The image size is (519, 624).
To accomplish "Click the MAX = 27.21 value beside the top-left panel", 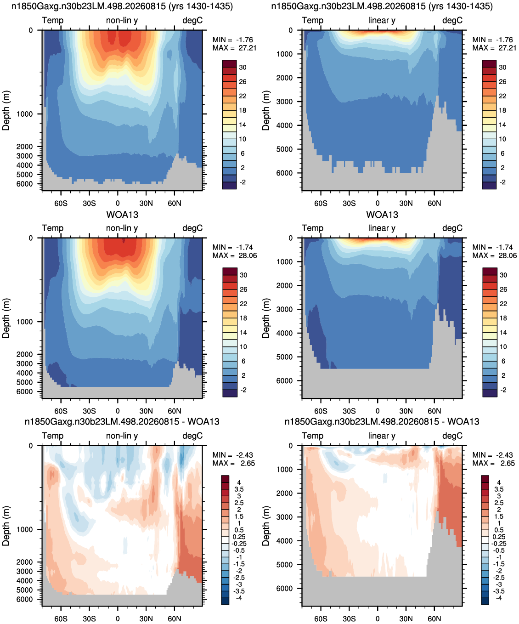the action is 234,48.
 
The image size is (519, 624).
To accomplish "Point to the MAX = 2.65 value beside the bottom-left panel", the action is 234,463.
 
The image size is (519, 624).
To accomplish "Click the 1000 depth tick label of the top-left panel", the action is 24,114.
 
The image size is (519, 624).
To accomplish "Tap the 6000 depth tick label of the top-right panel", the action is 284,173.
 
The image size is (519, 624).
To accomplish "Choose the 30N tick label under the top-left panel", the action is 146,204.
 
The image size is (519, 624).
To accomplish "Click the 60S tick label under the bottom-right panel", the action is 321,618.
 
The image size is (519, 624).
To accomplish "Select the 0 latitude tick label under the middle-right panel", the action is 378,411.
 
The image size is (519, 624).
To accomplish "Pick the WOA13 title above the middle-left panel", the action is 122,215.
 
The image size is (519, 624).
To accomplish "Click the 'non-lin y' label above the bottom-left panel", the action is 122,436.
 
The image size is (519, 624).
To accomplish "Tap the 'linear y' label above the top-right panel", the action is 382,20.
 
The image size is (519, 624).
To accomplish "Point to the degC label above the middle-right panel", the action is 452,228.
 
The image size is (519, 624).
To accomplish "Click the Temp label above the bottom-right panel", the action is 312,436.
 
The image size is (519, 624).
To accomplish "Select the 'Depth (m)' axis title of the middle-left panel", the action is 6,318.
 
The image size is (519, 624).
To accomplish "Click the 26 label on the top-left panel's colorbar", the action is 243,82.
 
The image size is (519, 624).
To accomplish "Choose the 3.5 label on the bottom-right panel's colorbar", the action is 499,489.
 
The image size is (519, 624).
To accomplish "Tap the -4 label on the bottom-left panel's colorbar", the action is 239,598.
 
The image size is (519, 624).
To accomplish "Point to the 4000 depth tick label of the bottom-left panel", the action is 24,580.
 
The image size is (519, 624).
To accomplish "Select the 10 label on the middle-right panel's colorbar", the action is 503,346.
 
